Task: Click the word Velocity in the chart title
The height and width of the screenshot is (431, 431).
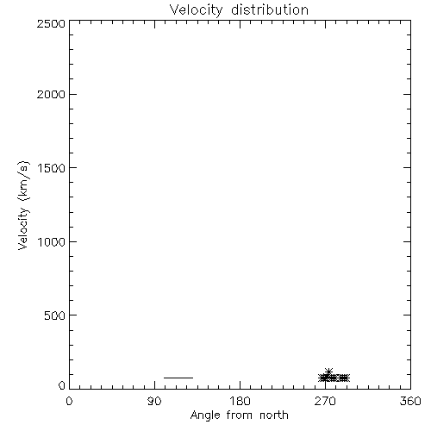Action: [x=197, y=10]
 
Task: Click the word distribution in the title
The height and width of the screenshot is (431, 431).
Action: [x=270, y=9]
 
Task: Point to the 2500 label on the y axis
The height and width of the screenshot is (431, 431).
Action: [x=51, y=23]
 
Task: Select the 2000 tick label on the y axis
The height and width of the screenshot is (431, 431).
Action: [x=51, y=94]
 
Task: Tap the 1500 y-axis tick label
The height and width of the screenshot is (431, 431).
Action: [x=52, y=168]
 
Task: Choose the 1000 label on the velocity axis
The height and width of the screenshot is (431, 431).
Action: [x=52, y=241]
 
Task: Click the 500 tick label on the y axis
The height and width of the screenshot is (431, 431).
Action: [x=55, y=315]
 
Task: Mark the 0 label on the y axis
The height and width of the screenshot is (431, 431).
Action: [x=62, y=385]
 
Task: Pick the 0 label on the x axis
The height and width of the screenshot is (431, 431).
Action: [x=69, y=401]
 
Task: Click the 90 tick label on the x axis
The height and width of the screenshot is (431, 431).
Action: [x=154, y=401]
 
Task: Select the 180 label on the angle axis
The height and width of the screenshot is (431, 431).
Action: [x=240, y=401]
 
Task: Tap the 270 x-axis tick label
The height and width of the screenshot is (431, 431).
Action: [x=325, y=401]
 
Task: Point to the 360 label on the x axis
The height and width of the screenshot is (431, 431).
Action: [x=410, y=401]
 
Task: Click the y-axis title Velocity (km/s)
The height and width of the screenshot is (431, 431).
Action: [x=23, y=205]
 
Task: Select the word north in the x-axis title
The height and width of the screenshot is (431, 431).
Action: [x=274, y=415]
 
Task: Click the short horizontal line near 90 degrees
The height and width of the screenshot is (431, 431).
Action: [x=178, y=378]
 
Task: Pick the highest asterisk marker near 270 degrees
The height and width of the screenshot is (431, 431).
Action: [x=328, y=372]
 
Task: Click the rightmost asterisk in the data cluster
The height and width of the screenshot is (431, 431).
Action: [x=346, y=378]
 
